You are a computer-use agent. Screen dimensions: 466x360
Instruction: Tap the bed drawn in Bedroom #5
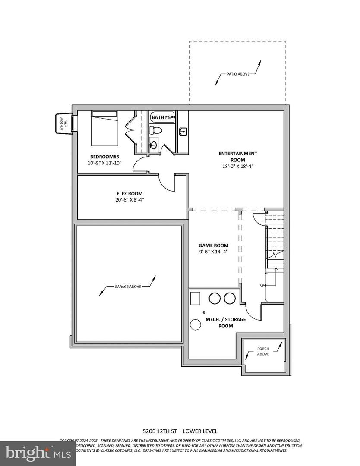pyautogui.click(x=104, y=129)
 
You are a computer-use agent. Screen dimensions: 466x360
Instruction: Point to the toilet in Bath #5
pyautogui.click(x=157, y=130)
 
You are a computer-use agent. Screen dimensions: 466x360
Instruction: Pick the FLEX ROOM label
pyautogui.click(x=129, y=194)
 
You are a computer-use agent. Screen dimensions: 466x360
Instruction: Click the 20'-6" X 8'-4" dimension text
pyautogui.click(x=129, y=200)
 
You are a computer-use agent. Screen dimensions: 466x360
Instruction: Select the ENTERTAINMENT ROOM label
pyautogui.click(x=237, y=157)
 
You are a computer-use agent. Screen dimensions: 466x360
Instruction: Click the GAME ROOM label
pyautogui.click(x=214, y=246)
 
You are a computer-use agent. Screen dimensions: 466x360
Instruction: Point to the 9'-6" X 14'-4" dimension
pyautogui.click(x=214, y=252)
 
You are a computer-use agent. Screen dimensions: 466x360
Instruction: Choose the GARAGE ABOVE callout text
pyautogui.click(x=126, y=287)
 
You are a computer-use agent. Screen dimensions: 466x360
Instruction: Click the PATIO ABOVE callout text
pyautogui.click(x=238, y=74)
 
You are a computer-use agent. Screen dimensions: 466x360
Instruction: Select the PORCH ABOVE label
pyautogui.click(x=263, y=351)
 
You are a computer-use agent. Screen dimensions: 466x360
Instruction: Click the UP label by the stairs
pyautogui.click(x=262, y=285)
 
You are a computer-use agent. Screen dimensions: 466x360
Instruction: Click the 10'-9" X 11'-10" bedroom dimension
pyautogui.click(x=105, y=163)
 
